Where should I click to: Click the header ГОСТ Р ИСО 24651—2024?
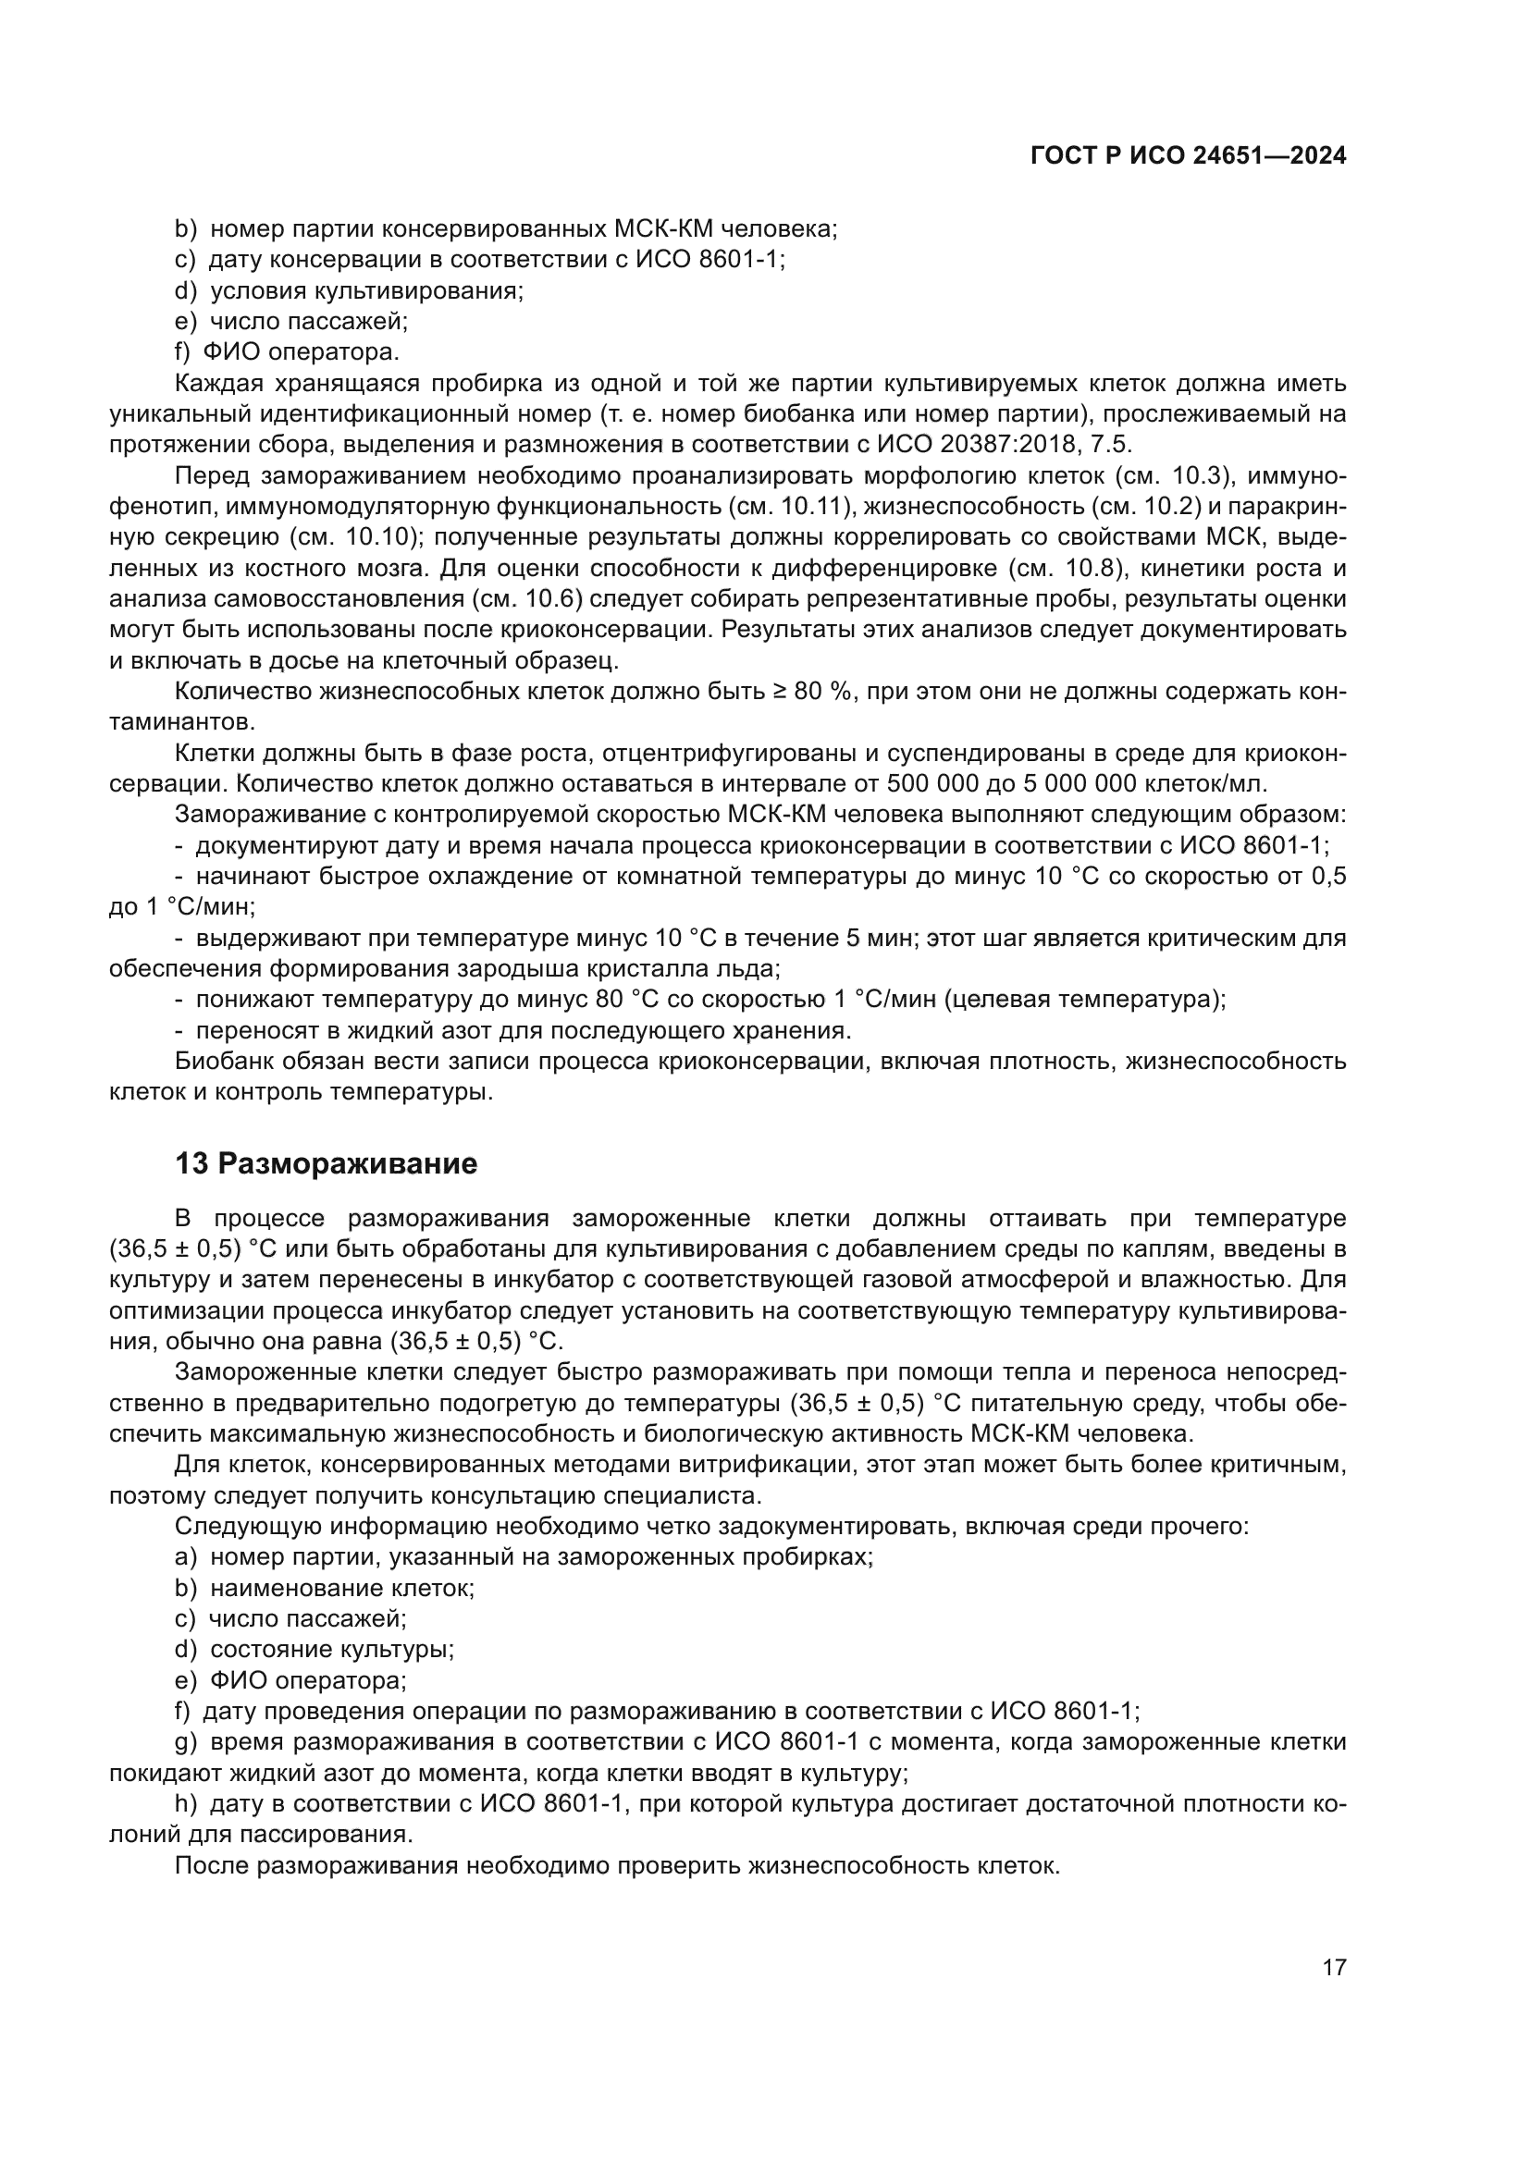coord(1188,156)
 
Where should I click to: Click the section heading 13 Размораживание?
coord(326,1164)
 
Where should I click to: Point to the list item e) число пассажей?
coord(291,321)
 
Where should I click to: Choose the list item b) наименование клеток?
coord(324,1589)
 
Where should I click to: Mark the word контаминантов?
coord(181,722)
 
